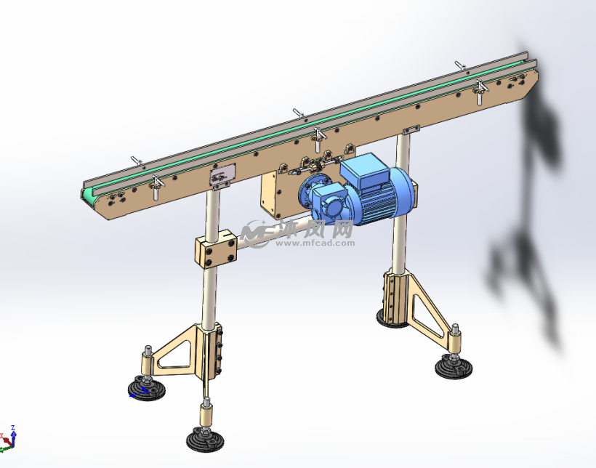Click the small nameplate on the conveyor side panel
[223, 175]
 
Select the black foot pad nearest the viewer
[205, 440]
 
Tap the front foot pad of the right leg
[456, 367]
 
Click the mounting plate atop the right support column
[410, 129]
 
